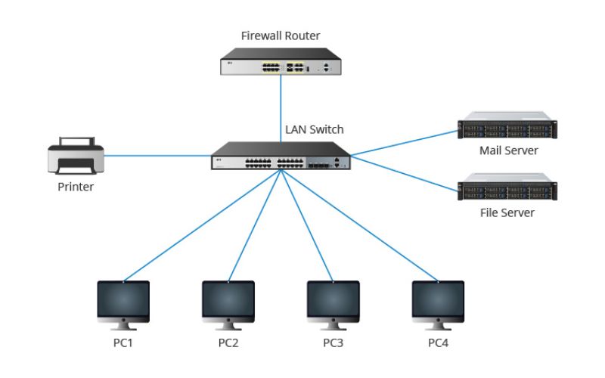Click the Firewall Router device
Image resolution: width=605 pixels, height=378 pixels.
click(x=281, y=64)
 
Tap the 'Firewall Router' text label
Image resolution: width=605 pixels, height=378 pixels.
click(x=281, y=36)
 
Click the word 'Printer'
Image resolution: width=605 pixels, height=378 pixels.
click(x=76, y=187)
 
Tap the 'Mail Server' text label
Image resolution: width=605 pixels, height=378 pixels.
click(x=508, y=150)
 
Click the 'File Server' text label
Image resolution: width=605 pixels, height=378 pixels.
click(x=508, y=212)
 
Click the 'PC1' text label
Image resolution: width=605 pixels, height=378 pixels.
click(x=124, y=343)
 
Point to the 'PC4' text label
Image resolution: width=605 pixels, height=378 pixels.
click(x=437, y=343)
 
